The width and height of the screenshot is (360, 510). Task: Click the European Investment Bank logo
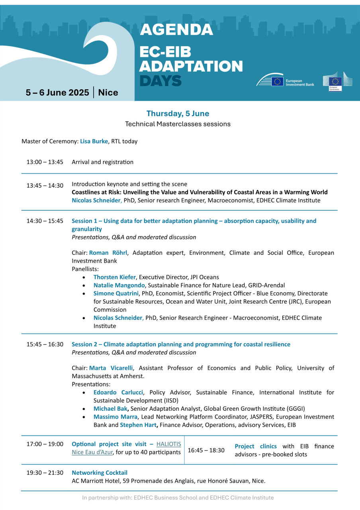(285, 80)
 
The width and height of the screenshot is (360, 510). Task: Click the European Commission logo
(337, 81)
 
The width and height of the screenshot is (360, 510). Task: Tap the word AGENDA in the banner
(176, 29)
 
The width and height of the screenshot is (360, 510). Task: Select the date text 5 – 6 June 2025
(57, 93)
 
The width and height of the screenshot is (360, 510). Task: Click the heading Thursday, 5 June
(178, 114)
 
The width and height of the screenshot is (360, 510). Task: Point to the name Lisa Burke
(94, 141)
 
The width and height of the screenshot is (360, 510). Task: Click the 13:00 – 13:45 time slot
(45, 162)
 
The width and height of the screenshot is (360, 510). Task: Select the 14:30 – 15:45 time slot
(45, 221)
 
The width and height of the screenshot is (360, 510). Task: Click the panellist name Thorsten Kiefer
(115, 277)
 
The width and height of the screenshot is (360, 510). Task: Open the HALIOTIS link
(168, 444)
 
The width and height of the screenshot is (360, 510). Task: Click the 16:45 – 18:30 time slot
(206, 450)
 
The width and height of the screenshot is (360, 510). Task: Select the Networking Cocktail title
(100, 473)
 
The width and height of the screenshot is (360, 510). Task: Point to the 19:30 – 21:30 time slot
(45, 473)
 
